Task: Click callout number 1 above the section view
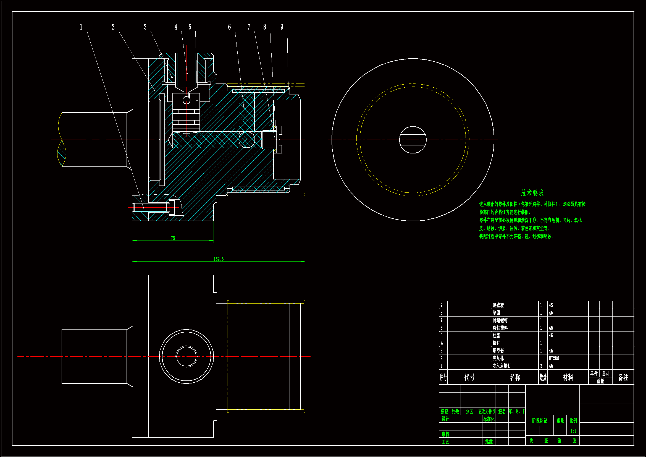click(x=81, y=27)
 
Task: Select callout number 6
click(x=229, y=27)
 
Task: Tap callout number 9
click(x=282, y=27)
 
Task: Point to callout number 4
click(x=176, y=27)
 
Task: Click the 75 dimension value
click(x=173, y=238)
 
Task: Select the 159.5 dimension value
click(x=219, y=259)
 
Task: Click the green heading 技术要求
click(x=532, y=193)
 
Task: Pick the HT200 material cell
click(x=554, y=359)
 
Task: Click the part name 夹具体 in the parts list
click(x=498, y=359)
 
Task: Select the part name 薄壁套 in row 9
click(x=498, y=305)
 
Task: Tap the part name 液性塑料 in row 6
click(x=500, y=328)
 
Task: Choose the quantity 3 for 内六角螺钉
click(x=541, y=366)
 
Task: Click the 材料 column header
click(x=568, y=377)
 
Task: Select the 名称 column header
click(x=515, y=377)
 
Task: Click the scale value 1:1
click(x=573, y=431)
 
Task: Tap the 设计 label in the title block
click(x=445, y=419)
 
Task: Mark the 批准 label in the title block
click(x=489, y=442)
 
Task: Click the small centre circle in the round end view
click(x=413, y=140)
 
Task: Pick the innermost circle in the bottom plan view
click(x=186, y=356)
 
